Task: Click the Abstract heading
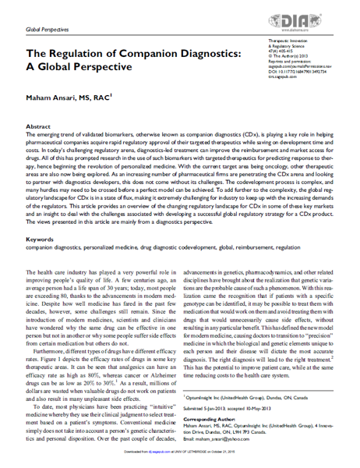click(39, 125)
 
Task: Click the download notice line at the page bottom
click(179, 459)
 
